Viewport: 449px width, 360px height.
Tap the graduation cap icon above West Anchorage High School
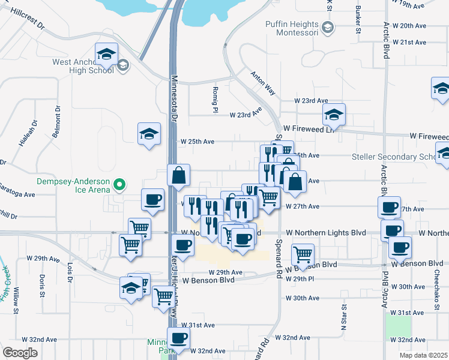[106, 55]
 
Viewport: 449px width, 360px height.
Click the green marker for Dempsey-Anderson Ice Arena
[119, 185]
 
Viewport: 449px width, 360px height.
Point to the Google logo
[20, 352]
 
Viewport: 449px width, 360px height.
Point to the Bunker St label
[358, 19]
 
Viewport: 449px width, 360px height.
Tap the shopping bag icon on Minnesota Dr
[178, 176]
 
